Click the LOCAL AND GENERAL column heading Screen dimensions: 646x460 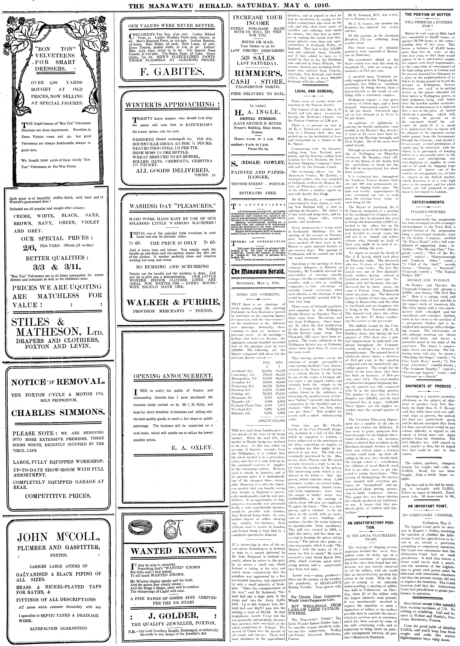(314, 91)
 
